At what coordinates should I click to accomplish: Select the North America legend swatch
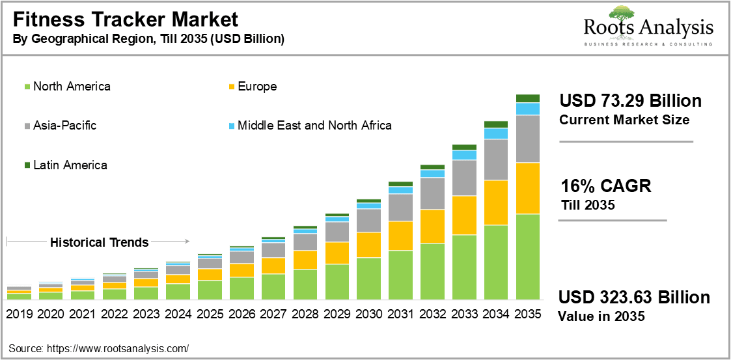click(27, 87)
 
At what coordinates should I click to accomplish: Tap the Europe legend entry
click(257, 87)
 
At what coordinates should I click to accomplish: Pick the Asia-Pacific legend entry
click(64, 126)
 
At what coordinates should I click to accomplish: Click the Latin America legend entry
click(70, 165)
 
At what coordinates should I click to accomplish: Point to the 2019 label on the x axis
click(20, 314)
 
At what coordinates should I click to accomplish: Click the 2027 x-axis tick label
click(273, 314)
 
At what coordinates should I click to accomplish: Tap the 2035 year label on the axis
click(528, 314)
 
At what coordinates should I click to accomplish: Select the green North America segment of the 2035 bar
click(528, 257)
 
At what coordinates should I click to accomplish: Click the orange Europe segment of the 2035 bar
click(528, 188)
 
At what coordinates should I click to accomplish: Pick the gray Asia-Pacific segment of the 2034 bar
click(496, 159)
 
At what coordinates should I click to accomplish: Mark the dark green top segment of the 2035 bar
click(528, 98)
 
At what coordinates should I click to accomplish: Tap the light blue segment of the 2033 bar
click(464, 155)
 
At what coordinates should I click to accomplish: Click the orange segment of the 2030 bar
click(369, 245)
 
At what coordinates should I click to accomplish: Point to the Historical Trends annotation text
click(100, 242)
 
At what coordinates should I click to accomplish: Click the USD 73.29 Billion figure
click(630, 102)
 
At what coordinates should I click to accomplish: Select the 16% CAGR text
click(605, 186)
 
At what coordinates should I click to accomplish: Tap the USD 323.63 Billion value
click(634, 298)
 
